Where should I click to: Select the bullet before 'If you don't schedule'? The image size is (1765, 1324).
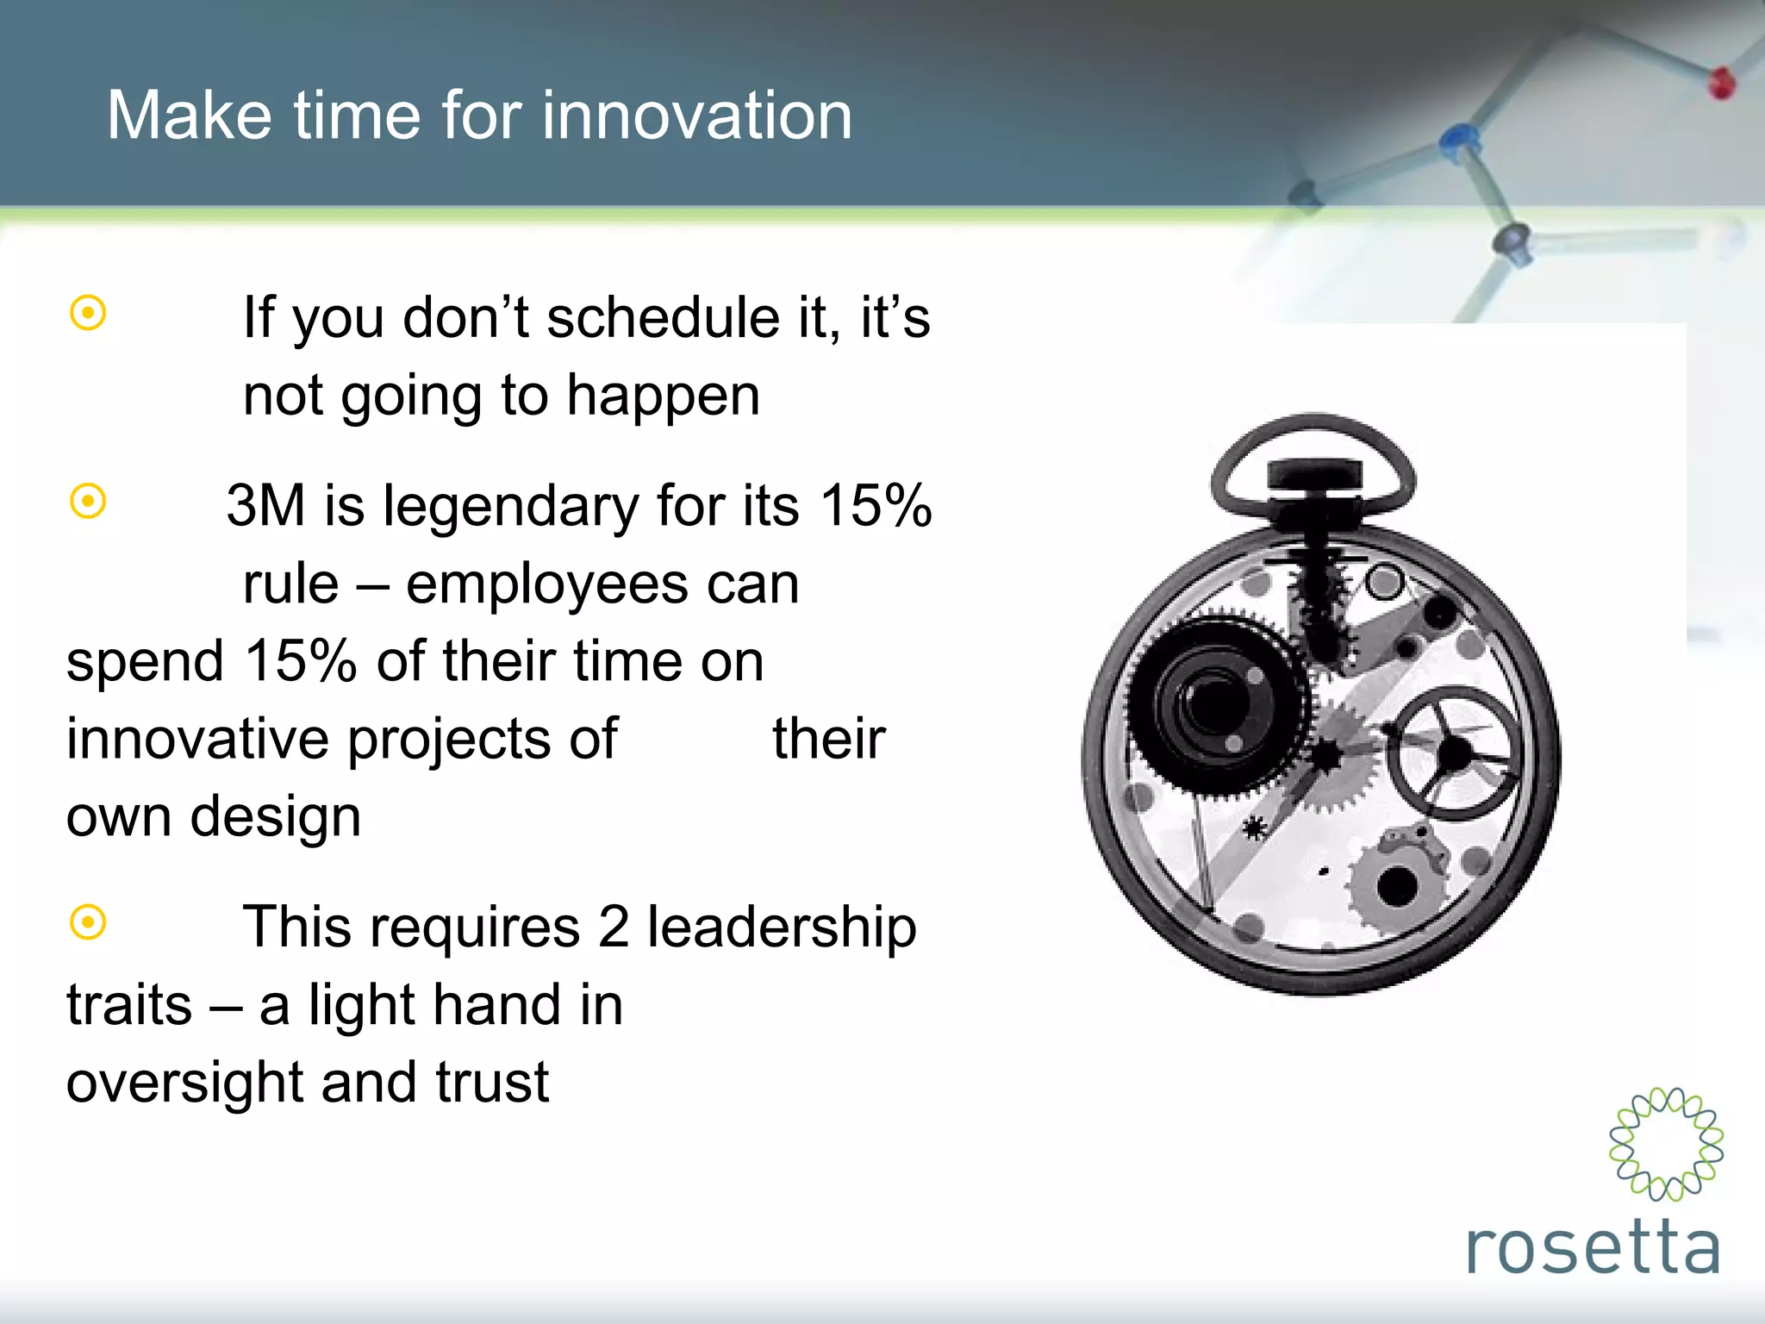[x=88, y=313]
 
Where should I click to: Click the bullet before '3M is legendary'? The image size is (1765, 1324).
[x=88, y=501]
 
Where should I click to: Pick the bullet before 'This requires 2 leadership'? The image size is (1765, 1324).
[x=88, y=922]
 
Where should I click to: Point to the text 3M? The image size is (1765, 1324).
[x=265, y=505]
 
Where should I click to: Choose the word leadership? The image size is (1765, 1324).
[x=782, y=927]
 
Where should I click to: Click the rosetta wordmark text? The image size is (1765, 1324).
[x=1593, y=1248]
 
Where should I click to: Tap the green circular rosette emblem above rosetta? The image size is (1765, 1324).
[x=1666, y=1144]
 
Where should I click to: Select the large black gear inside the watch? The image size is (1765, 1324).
[x=1215, y=703]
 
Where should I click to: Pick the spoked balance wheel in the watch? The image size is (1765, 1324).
[x=1454, y=753]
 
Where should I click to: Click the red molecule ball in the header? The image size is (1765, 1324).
[x=1721, y=84]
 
